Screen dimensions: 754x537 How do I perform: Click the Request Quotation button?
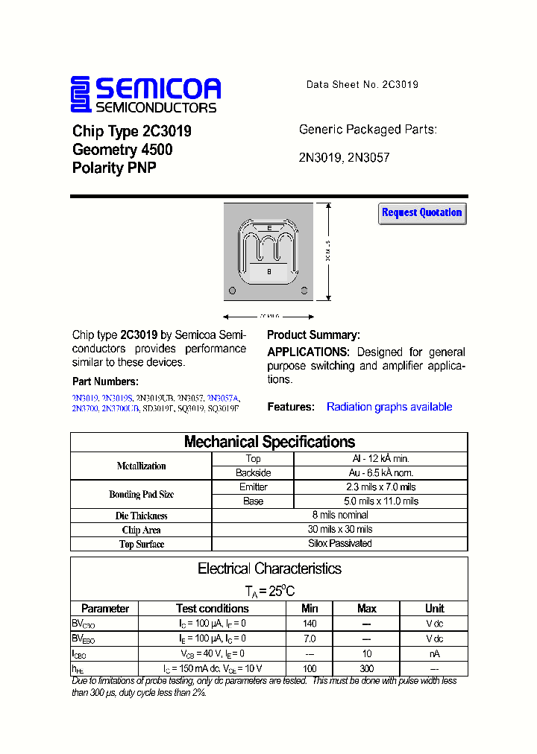coord(422,213)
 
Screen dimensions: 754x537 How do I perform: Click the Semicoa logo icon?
coord(81,95)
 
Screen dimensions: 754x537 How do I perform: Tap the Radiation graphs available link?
coord(389,407)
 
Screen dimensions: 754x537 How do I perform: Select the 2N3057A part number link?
coord(224,399)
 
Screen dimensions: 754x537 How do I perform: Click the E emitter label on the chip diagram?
coord(268,228)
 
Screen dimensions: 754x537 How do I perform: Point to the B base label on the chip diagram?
coord(268,272)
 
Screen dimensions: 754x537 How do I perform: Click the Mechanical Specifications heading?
coord(269,442)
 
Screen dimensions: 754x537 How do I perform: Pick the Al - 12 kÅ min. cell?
coord(380,459)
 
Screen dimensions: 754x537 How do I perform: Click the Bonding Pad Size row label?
coord(141,494)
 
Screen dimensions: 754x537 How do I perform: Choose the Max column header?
coord(366,609)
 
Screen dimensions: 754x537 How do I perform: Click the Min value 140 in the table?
coord(310,624)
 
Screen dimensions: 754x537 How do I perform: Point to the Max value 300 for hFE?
coord(366,668)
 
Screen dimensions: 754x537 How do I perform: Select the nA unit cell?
coord(434,653)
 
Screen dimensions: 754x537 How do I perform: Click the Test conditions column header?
coord(213,609)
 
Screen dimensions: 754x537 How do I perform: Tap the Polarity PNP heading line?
coord(114,168)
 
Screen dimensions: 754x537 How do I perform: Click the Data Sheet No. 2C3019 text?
coord(362,85)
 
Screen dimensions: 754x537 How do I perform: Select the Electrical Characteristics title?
coord(269,568)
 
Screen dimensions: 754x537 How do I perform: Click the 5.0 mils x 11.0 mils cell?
coord(380,501)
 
